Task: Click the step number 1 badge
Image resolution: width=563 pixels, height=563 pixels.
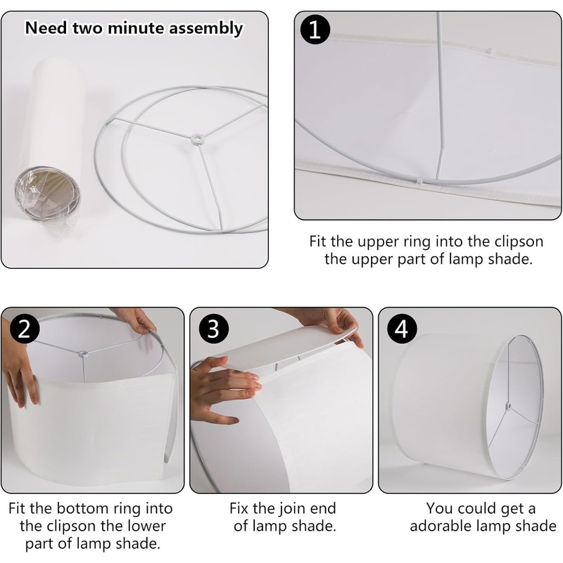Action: tap(315, 30)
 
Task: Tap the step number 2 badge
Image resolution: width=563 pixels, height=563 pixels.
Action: tap(25, 328)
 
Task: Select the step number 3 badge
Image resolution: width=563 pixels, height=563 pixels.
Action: tap(213, 328)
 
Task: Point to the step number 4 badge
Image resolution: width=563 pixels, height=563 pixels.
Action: tap(401, 328)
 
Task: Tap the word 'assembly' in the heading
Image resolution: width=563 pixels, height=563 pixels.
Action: tap(206, 29)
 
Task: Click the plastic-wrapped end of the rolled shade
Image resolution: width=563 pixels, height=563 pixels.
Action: tap(47, 192)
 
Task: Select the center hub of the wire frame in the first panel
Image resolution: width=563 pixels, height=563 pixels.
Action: tap(196, 138)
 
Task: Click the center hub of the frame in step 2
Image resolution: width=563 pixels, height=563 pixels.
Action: tap(83, 353)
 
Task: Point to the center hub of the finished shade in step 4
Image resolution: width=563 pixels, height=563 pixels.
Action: tap(508, 406)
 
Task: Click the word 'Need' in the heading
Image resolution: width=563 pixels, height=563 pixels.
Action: tap(46, 28)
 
